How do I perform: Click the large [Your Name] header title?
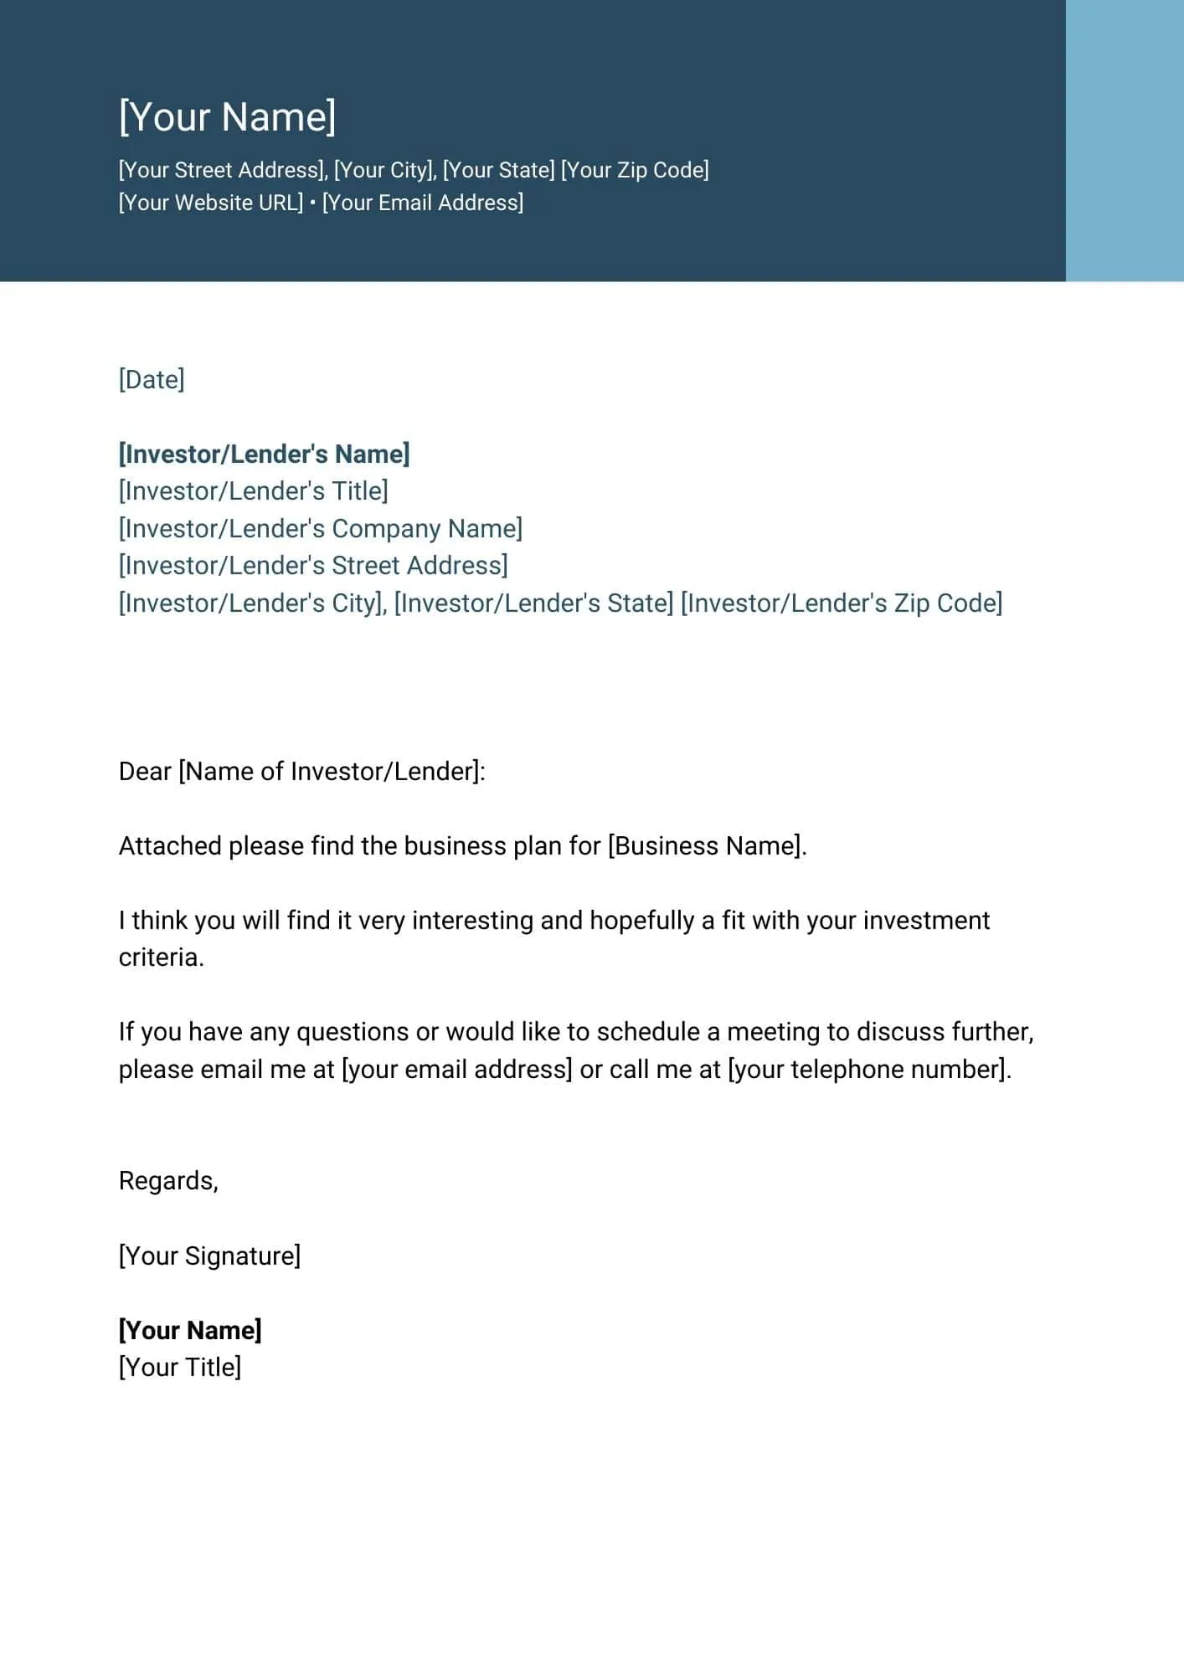(x=227, y=116)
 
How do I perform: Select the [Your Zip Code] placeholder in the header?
(x=635, y=170)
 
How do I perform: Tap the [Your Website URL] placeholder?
(x=211, y=203)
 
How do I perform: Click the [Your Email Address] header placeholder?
(x=423, y=203)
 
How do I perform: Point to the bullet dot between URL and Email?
(x=312, y=203)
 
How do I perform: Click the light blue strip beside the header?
(x=1124, y=141)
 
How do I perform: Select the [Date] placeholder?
(x=152, y=379)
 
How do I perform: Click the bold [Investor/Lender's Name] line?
(x=265, y=454)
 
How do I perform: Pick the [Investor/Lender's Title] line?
(x=254, y=491)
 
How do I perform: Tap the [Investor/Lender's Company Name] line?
(x=321, y=528)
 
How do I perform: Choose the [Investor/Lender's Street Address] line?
(x=313, y=566)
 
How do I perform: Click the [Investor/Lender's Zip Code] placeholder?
(x=842, y=603)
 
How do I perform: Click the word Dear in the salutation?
(x=145, y=771)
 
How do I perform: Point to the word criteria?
(x=160, y=958)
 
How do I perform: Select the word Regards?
(x=167, y=1181)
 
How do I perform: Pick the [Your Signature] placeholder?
(x=209, y=1255)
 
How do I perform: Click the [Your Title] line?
(x=180, y=1367)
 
